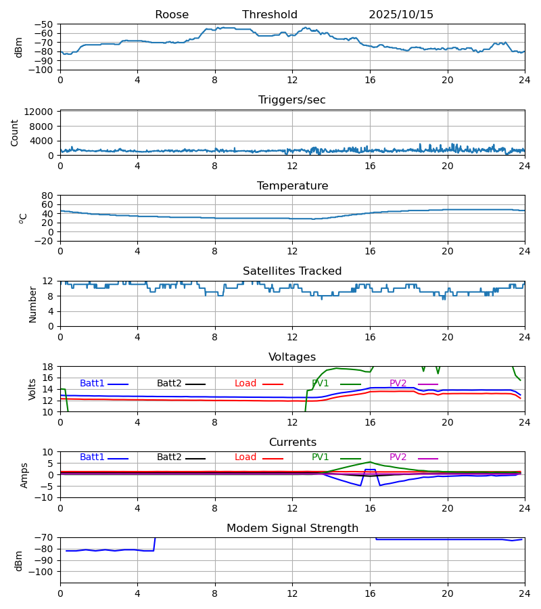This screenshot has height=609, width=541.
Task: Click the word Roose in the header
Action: [172, 15]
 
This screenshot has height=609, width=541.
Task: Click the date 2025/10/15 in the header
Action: [401, 15]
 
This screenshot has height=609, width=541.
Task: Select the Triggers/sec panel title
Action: [292, 100]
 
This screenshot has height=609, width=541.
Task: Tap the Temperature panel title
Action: [292, 186]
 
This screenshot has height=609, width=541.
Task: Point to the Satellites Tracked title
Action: [292, 271]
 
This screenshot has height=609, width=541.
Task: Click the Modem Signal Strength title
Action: [292, 528]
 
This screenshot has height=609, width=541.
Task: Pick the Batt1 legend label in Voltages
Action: [92, 384]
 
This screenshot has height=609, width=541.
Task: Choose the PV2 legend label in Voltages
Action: [398, 384]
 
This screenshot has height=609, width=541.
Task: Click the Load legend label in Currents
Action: [245, 457]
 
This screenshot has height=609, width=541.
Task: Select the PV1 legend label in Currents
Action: [321, 457]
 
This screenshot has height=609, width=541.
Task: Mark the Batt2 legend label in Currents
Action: [170, 457]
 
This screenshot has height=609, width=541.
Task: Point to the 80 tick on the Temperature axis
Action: [48, 196]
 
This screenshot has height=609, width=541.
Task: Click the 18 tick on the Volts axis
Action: [48, 367]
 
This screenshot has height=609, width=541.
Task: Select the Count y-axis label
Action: [15, 133]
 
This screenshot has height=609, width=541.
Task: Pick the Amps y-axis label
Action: [25, 475]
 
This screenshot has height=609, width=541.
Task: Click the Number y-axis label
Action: [33, 304]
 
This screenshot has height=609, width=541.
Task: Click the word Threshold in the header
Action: [270, 15]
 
